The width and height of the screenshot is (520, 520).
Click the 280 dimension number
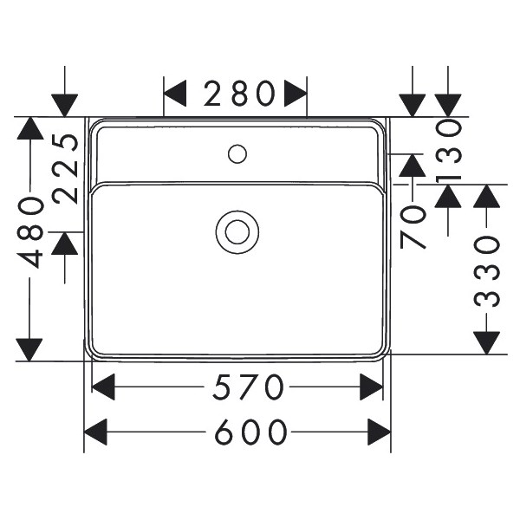[239, 94]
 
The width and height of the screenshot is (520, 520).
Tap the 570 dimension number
[248, 387]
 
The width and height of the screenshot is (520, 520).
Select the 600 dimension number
[250, 432]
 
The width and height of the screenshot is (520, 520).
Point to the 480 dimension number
[30, 232]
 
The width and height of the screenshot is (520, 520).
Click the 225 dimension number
[65, 168]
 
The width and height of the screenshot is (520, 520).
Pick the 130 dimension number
[448, 151]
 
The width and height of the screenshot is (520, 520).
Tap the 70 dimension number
[413, 227]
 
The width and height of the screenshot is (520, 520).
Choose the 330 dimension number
[486, 272]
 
